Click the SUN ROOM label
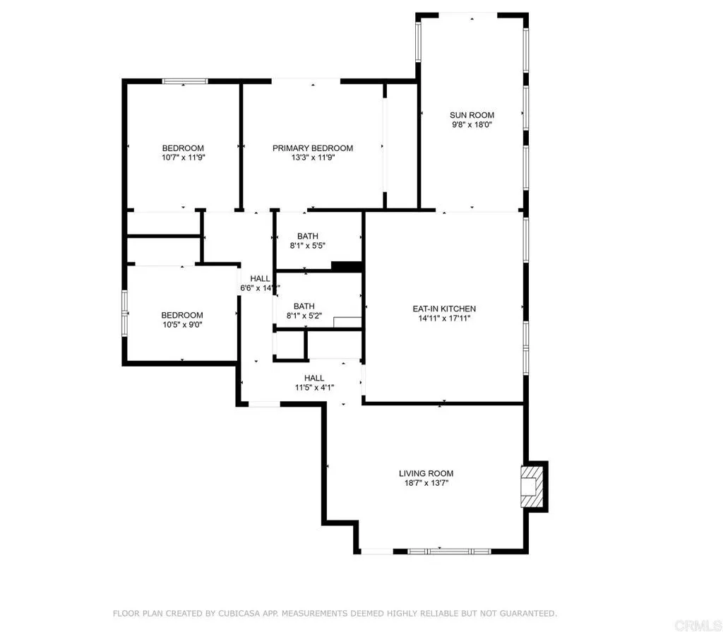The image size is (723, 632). (472, 115)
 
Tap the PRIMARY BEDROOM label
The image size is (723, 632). (313, 148)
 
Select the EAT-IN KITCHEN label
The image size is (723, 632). (444, 309)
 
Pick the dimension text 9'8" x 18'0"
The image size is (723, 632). (472, 125)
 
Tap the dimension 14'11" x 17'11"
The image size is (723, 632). (444, 318)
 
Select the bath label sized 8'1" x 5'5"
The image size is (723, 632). (307, 236)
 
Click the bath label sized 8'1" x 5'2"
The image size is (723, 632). (304, 306)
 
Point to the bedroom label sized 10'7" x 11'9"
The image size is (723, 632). (182, 148)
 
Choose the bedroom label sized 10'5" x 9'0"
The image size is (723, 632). (182, 315)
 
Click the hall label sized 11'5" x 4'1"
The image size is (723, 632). (314, 378)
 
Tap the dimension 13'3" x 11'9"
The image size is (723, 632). (313, 158)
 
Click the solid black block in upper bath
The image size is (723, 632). (346, 266)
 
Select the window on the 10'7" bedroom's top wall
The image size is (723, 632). (185, 81)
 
